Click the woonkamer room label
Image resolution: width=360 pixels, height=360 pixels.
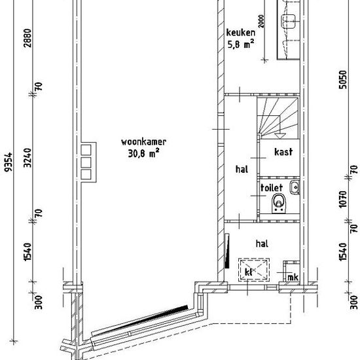click(143, 142)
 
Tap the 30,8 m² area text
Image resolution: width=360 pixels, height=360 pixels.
click(143, 153)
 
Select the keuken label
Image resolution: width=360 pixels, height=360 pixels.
click(241, 33)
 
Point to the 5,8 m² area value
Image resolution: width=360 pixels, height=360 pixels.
click(241, 44)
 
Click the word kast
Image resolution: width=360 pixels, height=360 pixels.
click(283, 152)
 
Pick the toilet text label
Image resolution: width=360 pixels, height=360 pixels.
click(272, 188)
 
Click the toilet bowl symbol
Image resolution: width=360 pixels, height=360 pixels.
click(278, 204)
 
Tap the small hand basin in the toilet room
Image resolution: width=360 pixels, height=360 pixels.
click(295, 187)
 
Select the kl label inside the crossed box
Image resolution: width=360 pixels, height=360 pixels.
click(249, 272)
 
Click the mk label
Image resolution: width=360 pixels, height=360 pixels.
click(293, 278)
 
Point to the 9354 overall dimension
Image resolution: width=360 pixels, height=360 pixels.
click(9, 162)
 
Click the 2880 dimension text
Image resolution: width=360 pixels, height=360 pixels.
click(27, 38)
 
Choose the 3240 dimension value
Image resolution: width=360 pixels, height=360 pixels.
click(27, 158)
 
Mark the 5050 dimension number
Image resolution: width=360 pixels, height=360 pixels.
click(342, 80)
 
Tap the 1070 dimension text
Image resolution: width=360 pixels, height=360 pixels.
click(342, 199)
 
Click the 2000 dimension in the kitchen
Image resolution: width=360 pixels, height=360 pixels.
click(261, 22)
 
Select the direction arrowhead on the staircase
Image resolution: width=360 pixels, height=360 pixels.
click(279, 135)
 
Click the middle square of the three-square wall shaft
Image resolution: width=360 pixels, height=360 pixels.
click(86, 162)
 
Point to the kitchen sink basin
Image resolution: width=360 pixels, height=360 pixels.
click(289, 20)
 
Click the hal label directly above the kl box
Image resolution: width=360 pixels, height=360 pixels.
click(262, 243)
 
